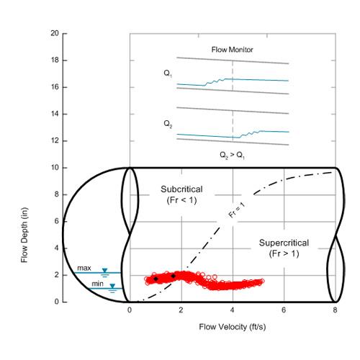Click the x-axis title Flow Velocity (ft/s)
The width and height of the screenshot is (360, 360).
(x=232, y=327)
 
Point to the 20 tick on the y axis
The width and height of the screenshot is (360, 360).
(x=55, y=34)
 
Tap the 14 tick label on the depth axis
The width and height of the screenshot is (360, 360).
(x=55, y=114)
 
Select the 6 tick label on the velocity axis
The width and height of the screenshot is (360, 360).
(x=284, y=311)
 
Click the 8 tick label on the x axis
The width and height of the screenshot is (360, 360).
(x=336, y=311)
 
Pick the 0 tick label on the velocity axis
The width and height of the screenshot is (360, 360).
(x=129, y=311)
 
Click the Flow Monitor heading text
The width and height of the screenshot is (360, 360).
(x=232, y=50)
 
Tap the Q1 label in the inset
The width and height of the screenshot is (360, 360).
(x=168, y=73)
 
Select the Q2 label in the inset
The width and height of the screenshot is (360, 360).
(x=168, y=124)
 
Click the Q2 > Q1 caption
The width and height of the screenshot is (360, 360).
(x=232, y=155)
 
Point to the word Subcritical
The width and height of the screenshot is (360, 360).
(x=182, y=189)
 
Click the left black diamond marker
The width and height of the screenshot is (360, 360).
(x=156, y=278)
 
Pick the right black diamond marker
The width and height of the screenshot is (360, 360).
(x=174, y=276)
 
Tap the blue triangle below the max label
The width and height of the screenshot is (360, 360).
(x=105, y=271)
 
